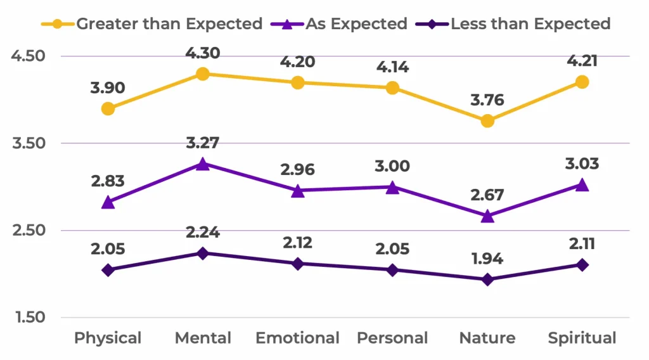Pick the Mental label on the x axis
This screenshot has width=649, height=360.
click(x=203, y=338)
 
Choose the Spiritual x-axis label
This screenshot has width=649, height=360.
click(x=582, y=338)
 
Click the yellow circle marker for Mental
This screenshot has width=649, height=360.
click(x=203, y=74)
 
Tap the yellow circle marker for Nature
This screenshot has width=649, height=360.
click(x=487, y=120)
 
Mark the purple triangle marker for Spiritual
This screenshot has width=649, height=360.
click(x=582, y=185)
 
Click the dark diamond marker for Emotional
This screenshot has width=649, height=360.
click(x=298, y=264)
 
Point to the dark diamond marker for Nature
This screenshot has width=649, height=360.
click(x=487, y=280)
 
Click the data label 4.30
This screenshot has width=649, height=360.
click(x=203, y=53)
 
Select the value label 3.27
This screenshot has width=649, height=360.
click(x=203, y=143)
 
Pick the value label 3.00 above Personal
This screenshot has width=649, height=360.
click(x=392, y=166)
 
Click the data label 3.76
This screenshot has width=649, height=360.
click(x=487, y=100)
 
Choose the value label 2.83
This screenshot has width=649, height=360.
click(x=108, y=181)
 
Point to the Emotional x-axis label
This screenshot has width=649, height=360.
click(x=298, y=338)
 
